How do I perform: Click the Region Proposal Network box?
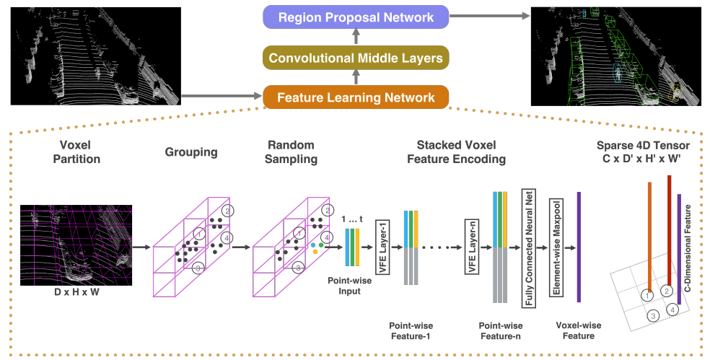pos(356,17)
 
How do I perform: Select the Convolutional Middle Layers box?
pos(356,58)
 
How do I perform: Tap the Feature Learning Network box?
pos(356,97)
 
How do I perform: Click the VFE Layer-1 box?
pos(382,247)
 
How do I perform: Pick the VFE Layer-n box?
pos(472,247)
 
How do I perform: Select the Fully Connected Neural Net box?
pos(528,248)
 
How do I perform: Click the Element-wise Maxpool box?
pos(556,247)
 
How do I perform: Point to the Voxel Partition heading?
pos(76,152)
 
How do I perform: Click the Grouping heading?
pos(191,152)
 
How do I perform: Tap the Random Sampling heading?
pos(292,152)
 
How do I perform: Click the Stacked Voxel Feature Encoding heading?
pos(457,152)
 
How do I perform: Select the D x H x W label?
pos(76,292)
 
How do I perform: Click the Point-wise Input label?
pos(349,286)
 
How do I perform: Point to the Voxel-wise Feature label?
pos(579,330)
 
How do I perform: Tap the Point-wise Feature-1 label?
pos(411,331)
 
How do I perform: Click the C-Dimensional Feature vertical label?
pos(688,248)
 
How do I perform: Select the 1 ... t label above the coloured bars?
pos(352,219)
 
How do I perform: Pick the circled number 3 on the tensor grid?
pos(652,315)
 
